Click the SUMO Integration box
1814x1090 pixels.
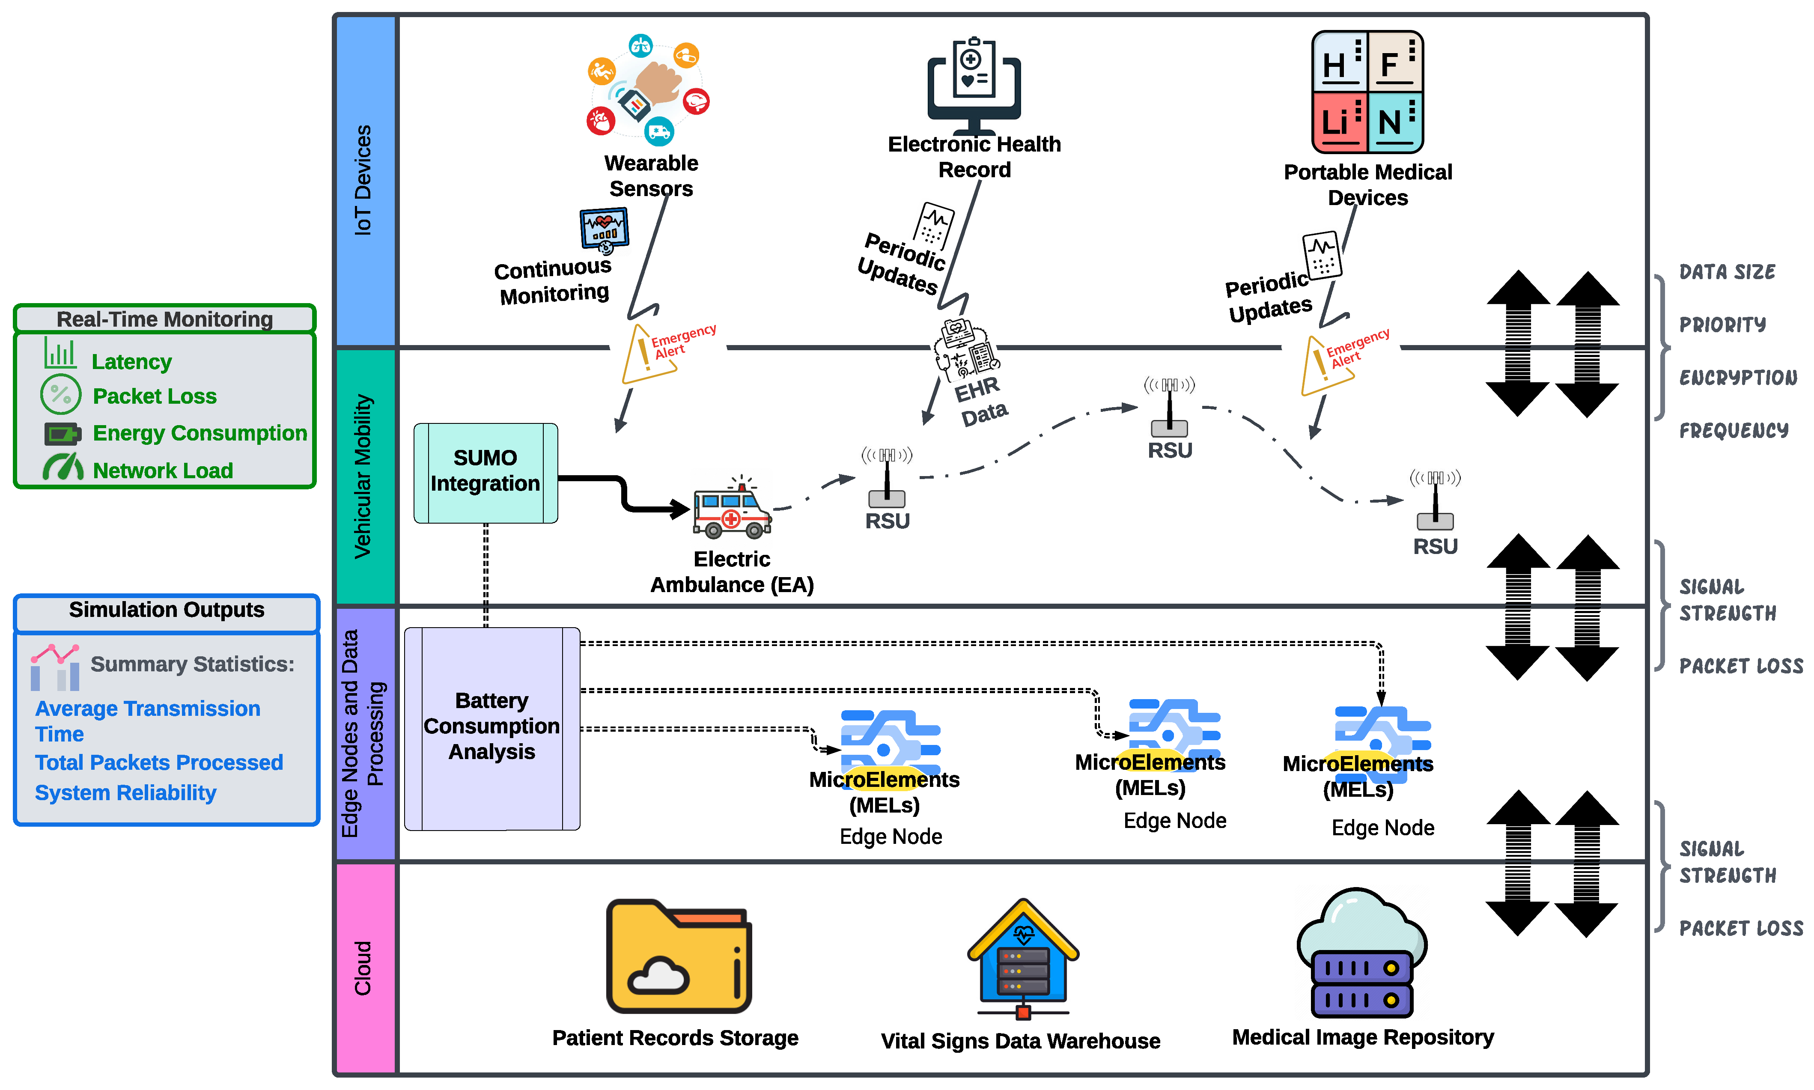click(x=486, y=472)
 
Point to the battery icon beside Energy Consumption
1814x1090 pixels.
click(x=62, y=433)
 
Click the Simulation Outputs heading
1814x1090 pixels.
click(x=167, y=611)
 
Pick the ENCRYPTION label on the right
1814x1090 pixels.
click(x=1738, y=378)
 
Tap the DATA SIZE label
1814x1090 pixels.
click(x=1727, y=272)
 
